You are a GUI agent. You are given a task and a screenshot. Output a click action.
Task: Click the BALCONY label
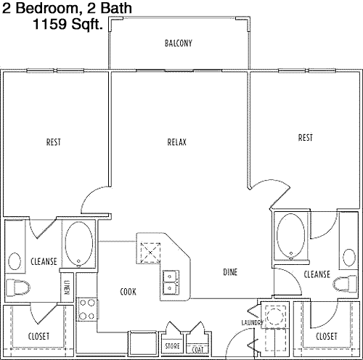pyautogui.click(x=179, y=44)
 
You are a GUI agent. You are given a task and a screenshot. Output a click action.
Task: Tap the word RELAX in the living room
pyautogui.click(x=177, y=142)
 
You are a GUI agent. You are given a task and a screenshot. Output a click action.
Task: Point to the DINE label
pyautogui.click(x=230, y=272)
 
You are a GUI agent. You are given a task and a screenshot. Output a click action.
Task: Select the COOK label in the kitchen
pyautogui.click(x=128, y=292)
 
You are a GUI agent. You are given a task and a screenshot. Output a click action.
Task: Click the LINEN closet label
pyautogui.click(x=67, y=287)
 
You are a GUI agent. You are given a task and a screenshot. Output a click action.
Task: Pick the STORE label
pyautogui.click(x=172, y=346)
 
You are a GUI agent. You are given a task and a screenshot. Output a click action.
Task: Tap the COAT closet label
pyautogui.click(x=197, y=350)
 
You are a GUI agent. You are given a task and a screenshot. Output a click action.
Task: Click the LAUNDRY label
pyautogui.click(x=252, y=322)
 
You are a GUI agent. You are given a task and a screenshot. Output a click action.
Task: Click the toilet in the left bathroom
pyautogui.click(x=17, y=287)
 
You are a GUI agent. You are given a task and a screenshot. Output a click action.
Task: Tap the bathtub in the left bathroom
pyautogui.click(x=79, y=244)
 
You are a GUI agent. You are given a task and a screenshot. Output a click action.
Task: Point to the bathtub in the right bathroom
pyautogui.click(x=291, y=236)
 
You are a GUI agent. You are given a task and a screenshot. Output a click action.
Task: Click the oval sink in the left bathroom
pyautogui.click(x=15, y=261)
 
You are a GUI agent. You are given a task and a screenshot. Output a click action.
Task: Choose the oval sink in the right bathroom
pyautogui.click(x=349, y=258)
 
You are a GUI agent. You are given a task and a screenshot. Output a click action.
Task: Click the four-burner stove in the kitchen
pyautogui.click(x=86, y=309)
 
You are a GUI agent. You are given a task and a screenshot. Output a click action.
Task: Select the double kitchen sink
pyautogui.click(x=171, y=282)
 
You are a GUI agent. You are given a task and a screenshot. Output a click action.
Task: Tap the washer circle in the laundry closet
pyautogui.click(x=275, y=316)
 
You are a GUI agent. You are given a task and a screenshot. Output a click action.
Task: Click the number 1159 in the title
pyautogui.click(x=49, y=24)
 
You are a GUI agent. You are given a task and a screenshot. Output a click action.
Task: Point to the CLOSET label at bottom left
pyautogui.click(x=38, y=336)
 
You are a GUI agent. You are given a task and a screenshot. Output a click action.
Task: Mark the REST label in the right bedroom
pyautogui.click(x=306, y=138)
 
